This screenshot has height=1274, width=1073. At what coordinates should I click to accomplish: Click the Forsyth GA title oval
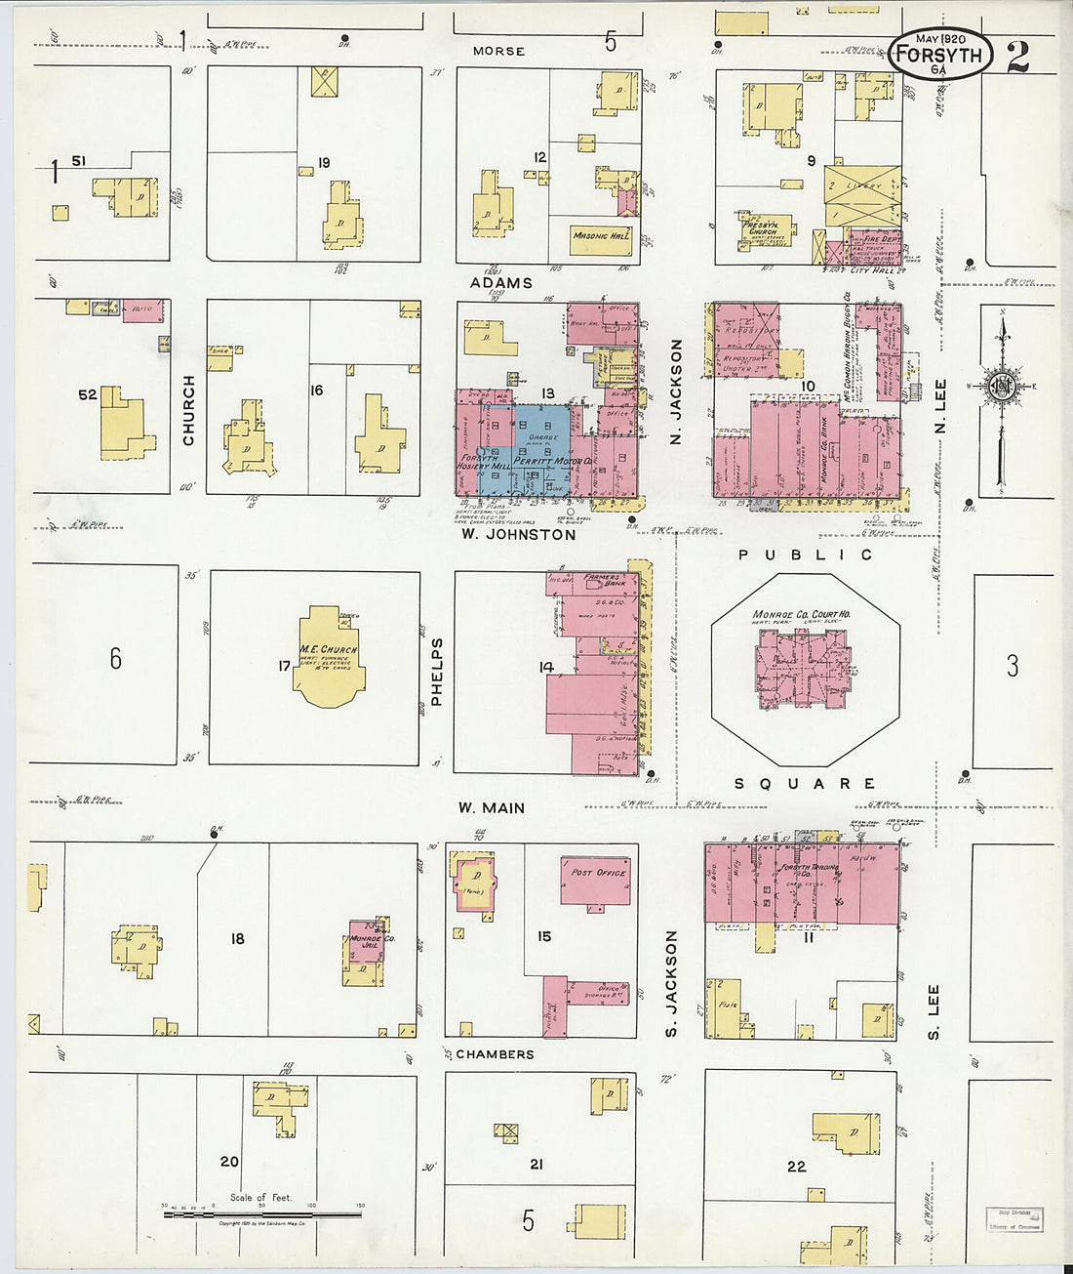(x=940, y=55)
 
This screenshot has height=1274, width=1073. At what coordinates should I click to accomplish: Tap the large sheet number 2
(x=1017, y=57)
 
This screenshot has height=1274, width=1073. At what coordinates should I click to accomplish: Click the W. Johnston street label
(x=518, y=535)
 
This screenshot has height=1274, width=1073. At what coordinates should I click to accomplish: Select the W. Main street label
(x=492, y=808)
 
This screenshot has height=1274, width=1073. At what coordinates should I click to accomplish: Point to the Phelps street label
(x=437, y=672)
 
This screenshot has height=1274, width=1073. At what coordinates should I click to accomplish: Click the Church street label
(x=188, y=410)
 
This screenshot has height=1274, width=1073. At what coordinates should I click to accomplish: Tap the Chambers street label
(x=495, y=1054)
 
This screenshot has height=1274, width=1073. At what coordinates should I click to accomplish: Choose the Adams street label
(x=501, y=283)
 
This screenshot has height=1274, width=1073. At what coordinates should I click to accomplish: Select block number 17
(x=284, y=667)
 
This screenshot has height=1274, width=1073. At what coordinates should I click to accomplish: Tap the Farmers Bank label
(x=603, y=581)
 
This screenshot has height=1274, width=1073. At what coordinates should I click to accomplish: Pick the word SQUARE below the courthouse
(x=804, y=784)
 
